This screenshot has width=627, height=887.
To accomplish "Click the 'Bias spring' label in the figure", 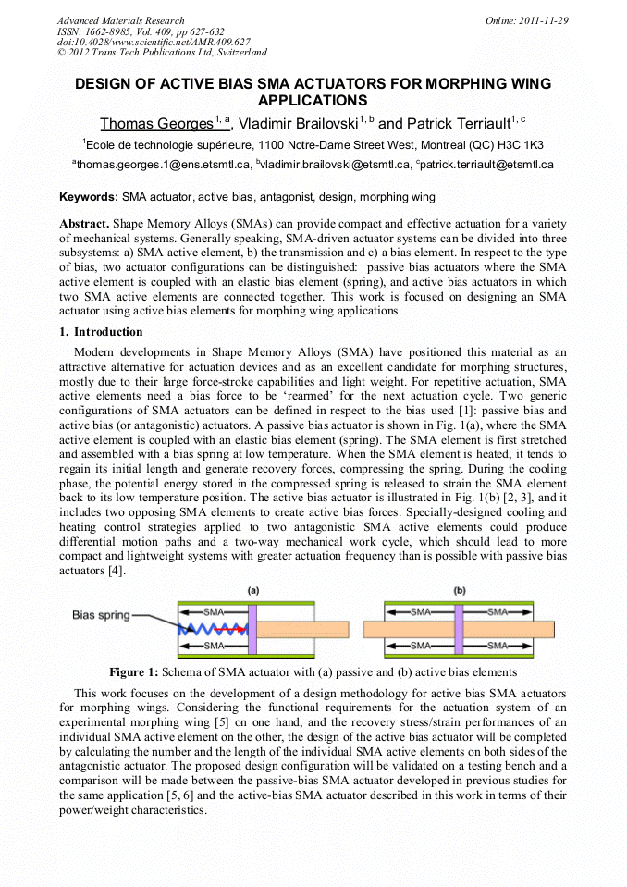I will [x=102, y=615].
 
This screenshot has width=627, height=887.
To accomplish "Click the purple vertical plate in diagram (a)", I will [x=252, y=629].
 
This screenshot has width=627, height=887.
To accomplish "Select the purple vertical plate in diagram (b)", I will [x=457, y=629].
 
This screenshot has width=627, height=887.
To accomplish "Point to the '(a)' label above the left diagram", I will [x=252, y=589].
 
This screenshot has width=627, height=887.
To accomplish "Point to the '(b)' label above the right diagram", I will [x=460, y=589].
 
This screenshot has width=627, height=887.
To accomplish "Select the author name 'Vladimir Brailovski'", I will [x=297, y=123].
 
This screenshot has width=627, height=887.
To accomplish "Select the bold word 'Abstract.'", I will [x=84, y=225].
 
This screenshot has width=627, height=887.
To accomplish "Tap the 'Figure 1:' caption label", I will [x=134, y=672].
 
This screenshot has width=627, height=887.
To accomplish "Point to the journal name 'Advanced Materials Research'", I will [x=120, y=20].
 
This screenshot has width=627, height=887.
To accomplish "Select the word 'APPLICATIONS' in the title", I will [x=313, y=100].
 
